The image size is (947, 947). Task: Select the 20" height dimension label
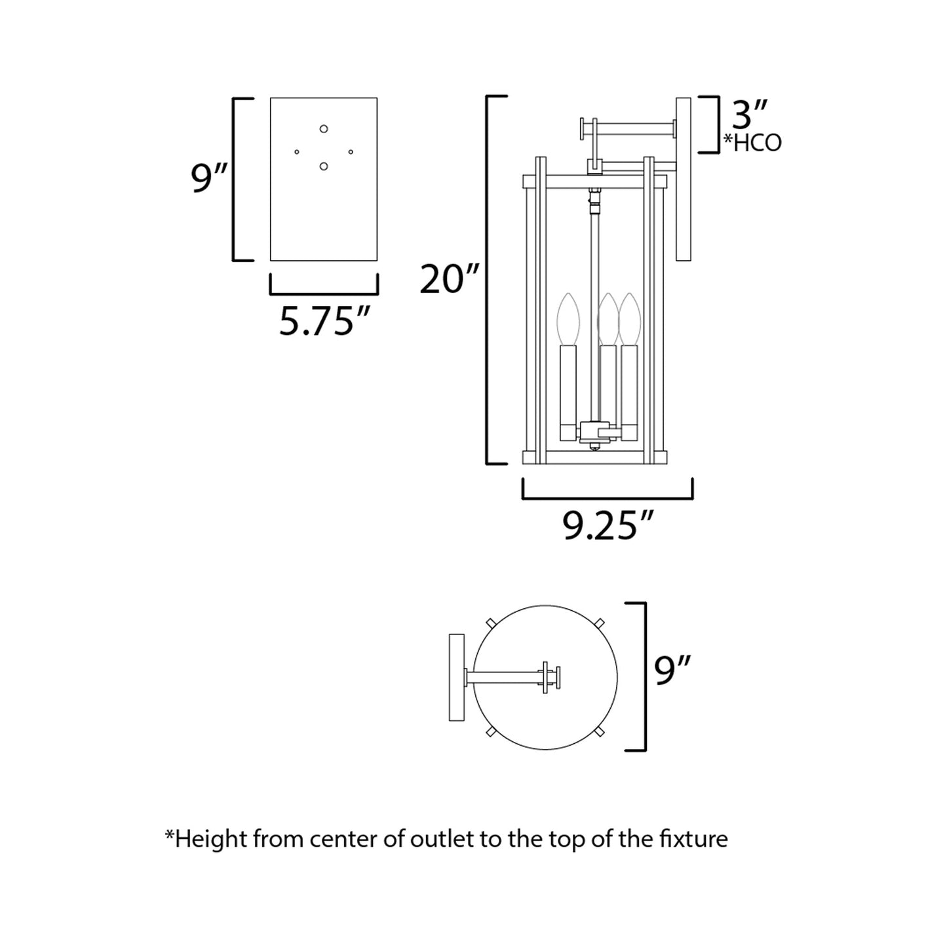pos(450,279)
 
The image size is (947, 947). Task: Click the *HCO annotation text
pos(752,143)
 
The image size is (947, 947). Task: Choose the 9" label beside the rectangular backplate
pos(209,178)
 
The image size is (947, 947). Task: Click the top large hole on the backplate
pos(324,128)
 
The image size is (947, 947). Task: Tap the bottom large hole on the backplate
pos(324,166)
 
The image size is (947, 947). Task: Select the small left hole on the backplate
pos(297,152)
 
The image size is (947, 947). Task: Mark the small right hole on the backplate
pos(351,152)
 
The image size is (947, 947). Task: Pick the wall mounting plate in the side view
pos(684,179)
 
